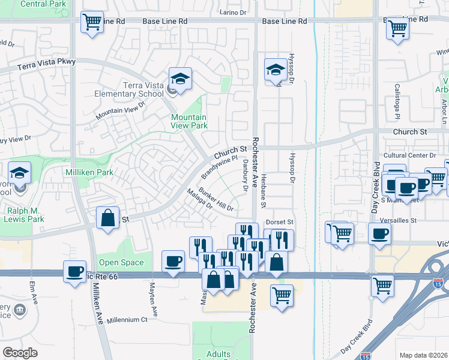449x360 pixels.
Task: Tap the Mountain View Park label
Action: tap(189, 121)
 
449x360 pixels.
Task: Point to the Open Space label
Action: tap(121, 262)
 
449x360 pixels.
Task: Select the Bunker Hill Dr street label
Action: tap(216, 200)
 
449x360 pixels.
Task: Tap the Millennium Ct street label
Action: tap(127, 320)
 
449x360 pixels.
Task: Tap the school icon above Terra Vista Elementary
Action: tap(179, 78)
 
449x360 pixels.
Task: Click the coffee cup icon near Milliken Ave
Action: tap(75, 272)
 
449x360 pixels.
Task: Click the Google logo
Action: tap(20, 353)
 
